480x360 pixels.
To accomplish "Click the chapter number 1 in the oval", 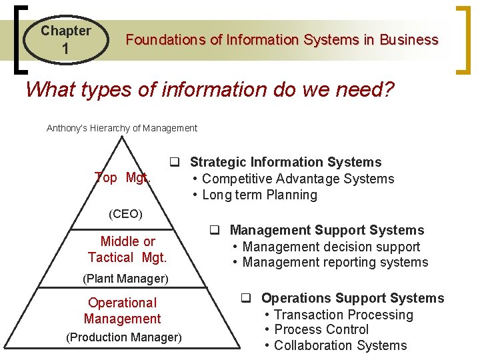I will pos(65,49).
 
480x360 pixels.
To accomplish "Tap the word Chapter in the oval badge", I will pos(65,31).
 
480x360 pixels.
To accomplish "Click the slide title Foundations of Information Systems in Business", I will pos(282,39).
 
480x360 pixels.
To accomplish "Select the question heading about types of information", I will pos(210,89).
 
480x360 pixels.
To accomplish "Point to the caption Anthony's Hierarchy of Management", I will pos(122,128).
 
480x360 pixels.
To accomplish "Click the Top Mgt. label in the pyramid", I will pos(123,177).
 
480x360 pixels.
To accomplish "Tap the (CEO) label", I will pos(125,215).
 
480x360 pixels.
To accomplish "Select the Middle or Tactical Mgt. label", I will pos(127,249).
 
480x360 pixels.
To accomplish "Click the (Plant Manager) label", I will pos(125,278).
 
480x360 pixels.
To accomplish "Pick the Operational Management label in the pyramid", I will pos(123,311).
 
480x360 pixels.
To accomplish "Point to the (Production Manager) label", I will pos(124,337).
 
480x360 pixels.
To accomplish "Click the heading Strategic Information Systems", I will pos(285,162).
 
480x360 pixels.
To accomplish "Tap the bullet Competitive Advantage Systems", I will pos(297,179).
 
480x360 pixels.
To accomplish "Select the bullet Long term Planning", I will pos(259,195).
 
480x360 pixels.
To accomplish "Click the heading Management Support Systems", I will pos(327,230).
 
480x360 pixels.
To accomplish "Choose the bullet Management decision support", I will pos(331,247).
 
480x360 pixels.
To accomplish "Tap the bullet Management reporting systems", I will pos(335,262).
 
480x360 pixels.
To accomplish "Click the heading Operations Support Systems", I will pos(352,298).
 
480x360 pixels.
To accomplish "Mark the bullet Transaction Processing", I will pos(343,315).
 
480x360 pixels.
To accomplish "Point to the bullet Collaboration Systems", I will pos(340,345).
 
